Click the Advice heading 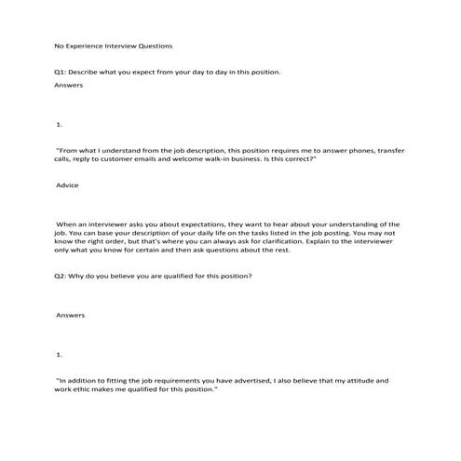click(68, 185)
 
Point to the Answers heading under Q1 click(69, 85)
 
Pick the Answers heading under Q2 click(71, 315)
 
